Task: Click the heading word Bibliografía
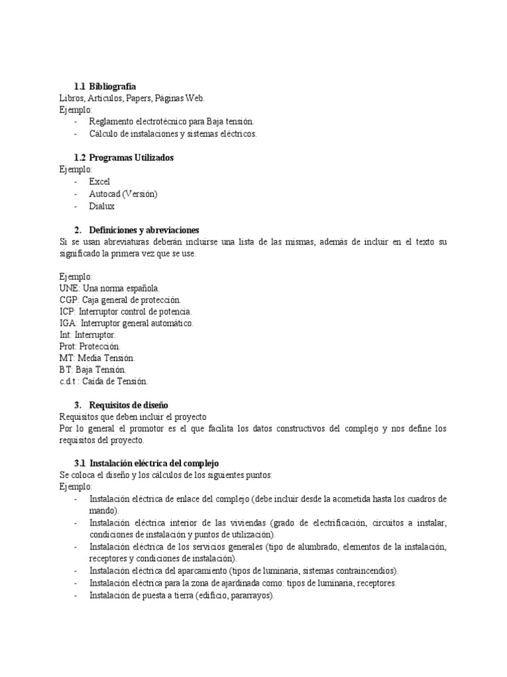click(x=112, y=87)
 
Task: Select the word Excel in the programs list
click(x=100, y=182)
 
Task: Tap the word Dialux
click(x=102, y=206)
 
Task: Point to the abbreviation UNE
click(x=69, y=288)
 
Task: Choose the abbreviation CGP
click(x=69, y=299)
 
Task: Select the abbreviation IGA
click(x=68, y=323)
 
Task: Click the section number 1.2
click(x=80, y=158)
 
